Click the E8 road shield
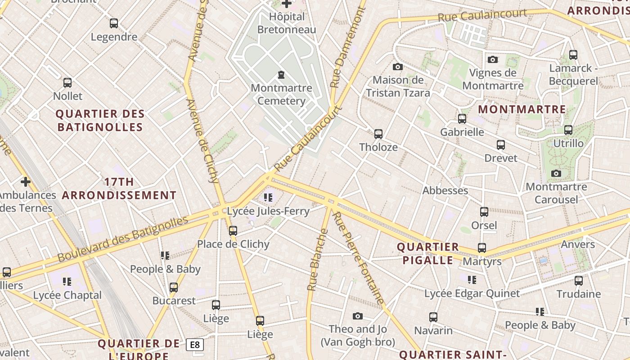(x=195, y=345)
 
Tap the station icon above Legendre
(x=114, y=23)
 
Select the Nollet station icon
(x=67, y=83)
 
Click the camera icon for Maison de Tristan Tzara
(x=398, y=67)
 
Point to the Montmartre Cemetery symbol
(x=281, y=74)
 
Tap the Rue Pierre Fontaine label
(x=359, y=258)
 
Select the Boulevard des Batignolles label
(x=122, y=239)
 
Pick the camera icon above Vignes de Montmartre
(x=493, y=59)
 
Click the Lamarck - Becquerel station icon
(x=573, y=55)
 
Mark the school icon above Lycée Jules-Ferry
(x=268, y=198)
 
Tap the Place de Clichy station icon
(x=233, y=231)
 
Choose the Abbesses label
(x=445, y=190)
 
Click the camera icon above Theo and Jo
(x=358, y=316)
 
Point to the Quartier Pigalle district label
(x=427, y=253)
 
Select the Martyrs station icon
(x=482, y=248)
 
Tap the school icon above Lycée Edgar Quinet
(x=472, y=280)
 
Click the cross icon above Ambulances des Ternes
(x=26, y=182)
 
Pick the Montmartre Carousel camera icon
(x=556, y=174)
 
